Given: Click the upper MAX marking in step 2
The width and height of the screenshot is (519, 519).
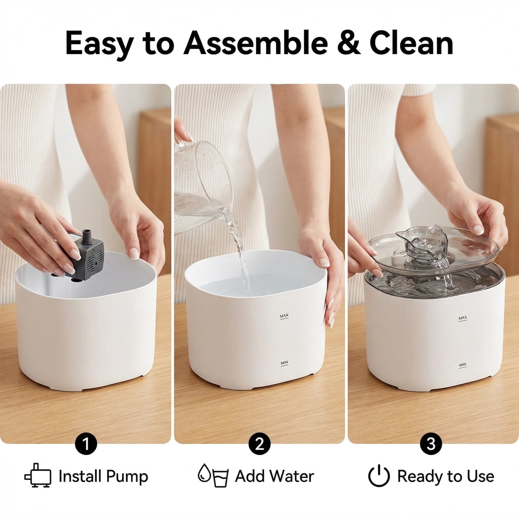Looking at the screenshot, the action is [284, 316].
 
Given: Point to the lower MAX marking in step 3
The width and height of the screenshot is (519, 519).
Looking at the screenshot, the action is [463, 365].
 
